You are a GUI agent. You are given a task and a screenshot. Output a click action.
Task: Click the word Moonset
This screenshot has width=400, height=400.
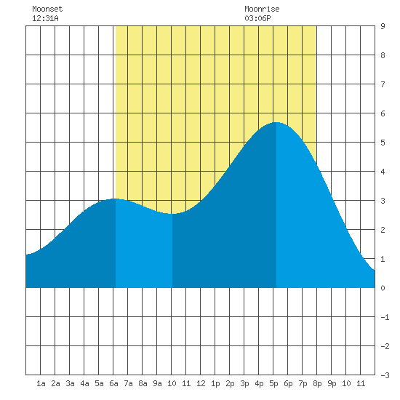(47, 9)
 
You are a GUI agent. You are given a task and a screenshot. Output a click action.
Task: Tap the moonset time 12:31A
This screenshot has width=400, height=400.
(45, 18)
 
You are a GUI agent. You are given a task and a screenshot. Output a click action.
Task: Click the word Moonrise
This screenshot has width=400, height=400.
(262, 9)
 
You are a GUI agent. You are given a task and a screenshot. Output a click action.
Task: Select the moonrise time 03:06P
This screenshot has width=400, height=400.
(257, 18)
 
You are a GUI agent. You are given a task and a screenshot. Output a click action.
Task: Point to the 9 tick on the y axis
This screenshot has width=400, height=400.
(383, 26)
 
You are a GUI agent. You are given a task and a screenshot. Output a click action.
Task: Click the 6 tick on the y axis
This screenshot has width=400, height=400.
(383, 113)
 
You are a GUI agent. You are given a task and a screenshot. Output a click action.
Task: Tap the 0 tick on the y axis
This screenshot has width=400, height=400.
(383, 288)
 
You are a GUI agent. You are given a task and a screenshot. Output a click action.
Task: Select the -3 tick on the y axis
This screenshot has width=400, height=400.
(385, 375)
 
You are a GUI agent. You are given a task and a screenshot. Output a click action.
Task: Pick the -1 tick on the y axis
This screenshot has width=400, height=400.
(385, 317)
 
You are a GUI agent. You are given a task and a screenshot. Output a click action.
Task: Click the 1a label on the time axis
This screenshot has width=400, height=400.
(41, 383)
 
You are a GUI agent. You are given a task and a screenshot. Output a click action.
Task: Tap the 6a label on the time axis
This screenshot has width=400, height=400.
(113, 383)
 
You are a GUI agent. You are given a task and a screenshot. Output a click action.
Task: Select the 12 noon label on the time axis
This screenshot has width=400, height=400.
(201, 383)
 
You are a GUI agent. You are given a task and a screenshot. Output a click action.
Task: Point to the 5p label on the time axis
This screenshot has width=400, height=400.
(273, 383)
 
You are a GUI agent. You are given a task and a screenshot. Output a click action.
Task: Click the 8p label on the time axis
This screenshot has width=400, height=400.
(317, 383)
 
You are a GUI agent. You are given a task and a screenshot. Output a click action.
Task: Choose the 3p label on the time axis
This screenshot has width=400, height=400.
(244, 383)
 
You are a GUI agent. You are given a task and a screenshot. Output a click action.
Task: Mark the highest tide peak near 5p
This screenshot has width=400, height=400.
(276, 122)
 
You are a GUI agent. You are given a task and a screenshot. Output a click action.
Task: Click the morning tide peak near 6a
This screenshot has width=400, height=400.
(116, 199)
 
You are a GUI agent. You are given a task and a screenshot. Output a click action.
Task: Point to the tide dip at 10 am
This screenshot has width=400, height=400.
(172, 214)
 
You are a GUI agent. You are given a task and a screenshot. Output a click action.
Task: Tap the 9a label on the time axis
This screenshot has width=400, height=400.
(157, 383)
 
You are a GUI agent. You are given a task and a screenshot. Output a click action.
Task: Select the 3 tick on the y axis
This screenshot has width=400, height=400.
(383, 201)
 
